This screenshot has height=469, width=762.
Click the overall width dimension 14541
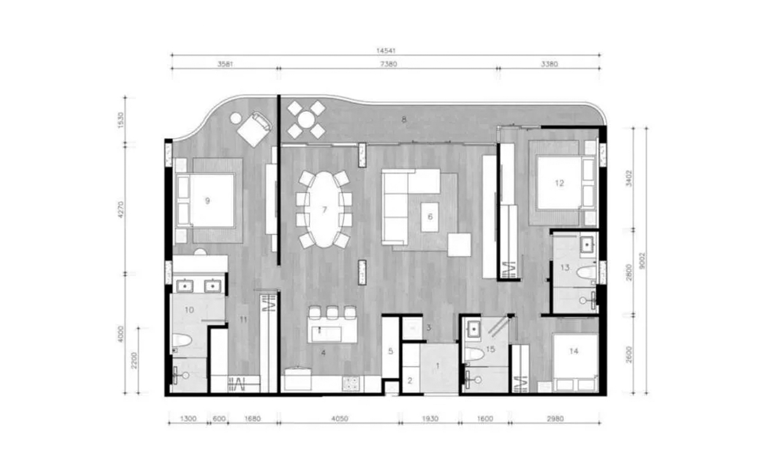[386, 51]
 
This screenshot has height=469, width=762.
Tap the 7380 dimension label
[388, 64]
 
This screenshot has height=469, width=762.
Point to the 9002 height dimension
[642, 261]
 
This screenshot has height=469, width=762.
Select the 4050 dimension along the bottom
[340, 419]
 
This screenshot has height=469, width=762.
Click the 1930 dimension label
[430, 419]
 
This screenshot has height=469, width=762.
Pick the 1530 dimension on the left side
[121, 120]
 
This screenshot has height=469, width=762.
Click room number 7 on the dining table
[324, 210]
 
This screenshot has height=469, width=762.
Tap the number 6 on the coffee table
[430, 217]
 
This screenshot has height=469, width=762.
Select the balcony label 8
[404, 119]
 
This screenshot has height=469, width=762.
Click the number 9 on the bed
[208, 201]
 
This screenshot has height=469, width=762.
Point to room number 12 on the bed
[559, 183]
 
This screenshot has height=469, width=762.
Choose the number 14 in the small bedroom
[573, 351]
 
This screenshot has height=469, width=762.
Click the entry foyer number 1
[438, 366]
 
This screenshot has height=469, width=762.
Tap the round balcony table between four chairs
[306, 119]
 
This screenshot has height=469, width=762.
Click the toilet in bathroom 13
[587, 272]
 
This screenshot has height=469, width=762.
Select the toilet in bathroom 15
[474, 355]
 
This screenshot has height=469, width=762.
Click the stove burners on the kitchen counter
[351, 384]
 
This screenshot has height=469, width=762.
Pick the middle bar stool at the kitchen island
[332, 313]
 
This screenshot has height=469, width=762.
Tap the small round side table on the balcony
[236, 118]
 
